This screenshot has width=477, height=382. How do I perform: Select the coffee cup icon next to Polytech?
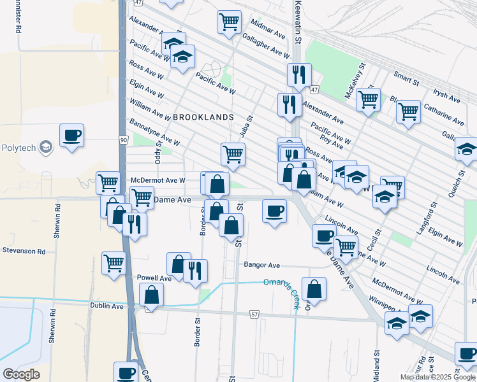pyautogui.click(x=72, y=136)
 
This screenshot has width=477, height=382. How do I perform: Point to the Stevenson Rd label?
pyautogui.click(x=23, y=251)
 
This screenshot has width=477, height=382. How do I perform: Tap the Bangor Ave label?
pyautogui.click(x=261, y=265)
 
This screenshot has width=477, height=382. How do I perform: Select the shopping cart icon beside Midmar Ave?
pyautogui.click(x=229, y=22)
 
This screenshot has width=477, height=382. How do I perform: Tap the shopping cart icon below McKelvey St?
pyautogui.click(x=368, y=100)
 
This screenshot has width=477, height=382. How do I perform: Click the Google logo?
pyautogui.click(x=21, y=374)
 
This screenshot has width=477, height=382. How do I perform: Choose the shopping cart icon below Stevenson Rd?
pyautogui.click(x=114, y=262)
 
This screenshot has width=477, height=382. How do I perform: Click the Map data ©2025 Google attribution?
pyautogui.click(x=437, y=377)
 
